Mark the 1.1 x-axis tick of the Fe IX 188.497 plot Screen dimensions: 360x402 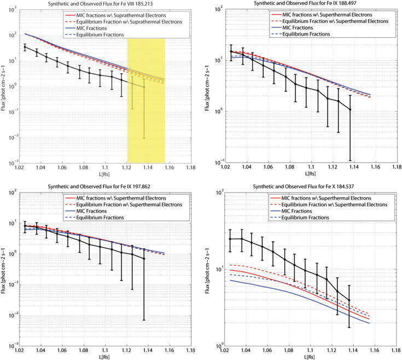coord(311,169)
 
